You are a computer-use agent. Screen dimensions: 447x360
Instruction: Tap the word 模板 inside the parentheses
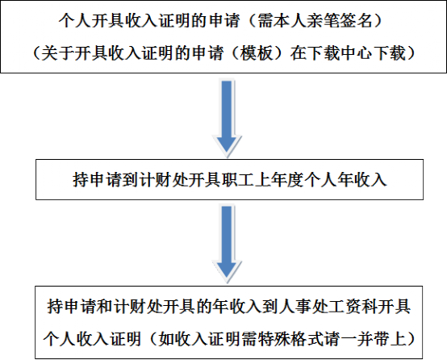[x=257, y=53]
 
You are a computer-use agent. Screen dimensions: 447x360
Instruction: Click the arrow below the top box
[x=227, y=119]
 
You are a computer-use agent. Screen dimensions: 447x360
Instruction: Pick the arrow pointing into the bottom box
[x=227, y=244]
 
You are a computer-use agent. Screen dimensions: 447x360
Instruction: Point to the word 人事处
[x=303, y=307]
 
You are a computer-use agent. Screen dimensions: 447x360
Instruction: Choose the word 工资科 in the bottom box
[x=353, y=307]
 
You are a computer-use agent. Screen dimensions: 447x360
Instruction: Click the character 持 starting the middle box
[x=81, y=179]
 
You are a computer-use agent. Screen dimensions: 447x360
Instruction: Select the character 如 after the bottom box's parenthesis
[x=167, y=339]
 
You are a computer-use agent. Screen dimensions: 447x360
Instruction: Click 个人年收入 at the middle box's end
[x=345, y=179]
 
